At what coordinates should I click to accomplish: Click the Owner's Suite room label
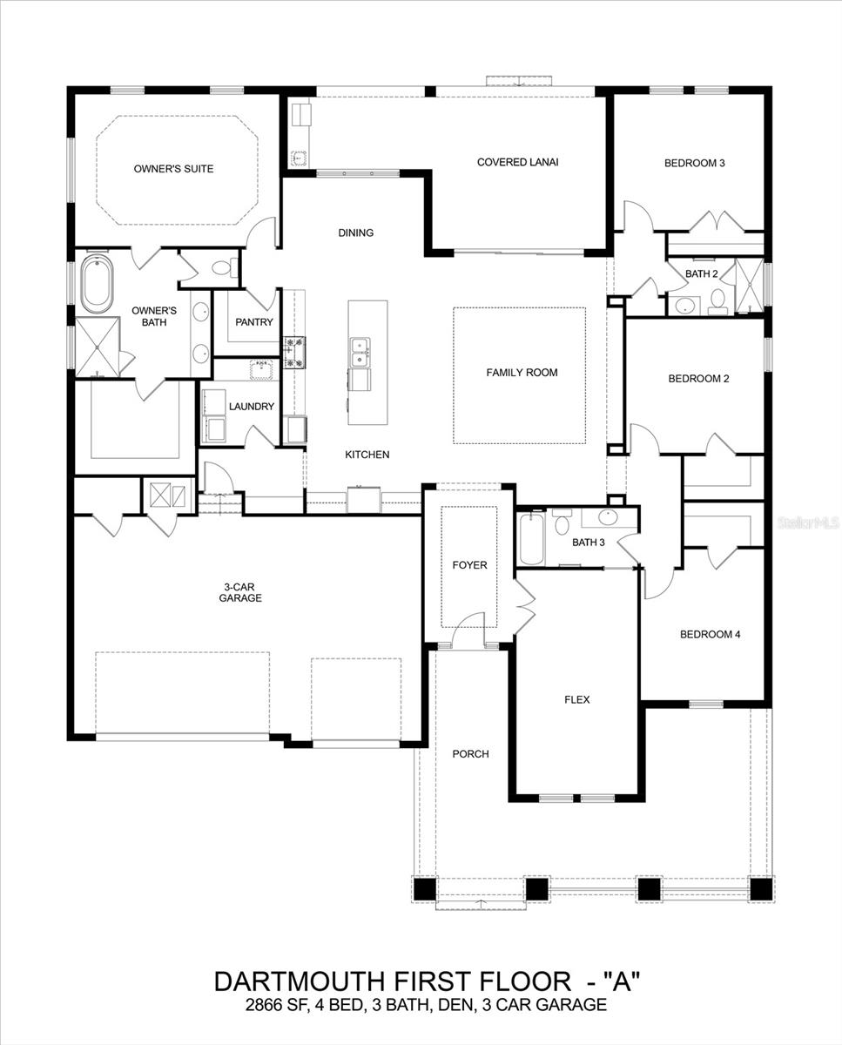[x=173, y=168]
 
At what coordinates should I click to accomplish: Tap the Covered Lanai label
[x=517, y=162]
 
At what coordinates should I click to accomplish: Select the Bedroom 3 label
[x=694, y=163]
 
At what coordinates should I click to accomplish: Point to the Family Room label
[x=522, y=373]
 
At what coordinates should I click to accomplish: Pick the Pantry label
[x=254, y=322]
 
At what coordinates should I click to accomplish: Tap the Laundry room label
[x=252, y=407]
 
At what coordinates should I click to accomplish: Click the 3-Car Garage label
[x=240, y=592]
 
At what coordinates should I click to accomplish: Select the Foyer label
[x=469, y=565]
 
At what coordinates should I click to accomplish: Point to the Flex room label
[x=577, y=699]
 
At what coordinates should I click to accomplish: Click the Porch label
[x=470, y=754]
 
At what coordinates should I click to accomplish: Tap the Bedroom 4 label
[x=710, y=635]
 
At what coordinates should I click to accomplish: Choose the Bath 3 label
[x=588, y=543]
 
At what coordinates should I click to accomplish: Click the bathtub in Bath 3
[x=529, y=541]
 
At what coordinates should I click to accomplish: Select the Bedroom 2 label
[x=698, y=379]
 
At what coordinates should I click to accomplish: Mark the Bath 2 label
[x=701, y=273]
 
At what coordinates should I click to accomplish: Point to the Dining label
[x=355, y=233]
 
